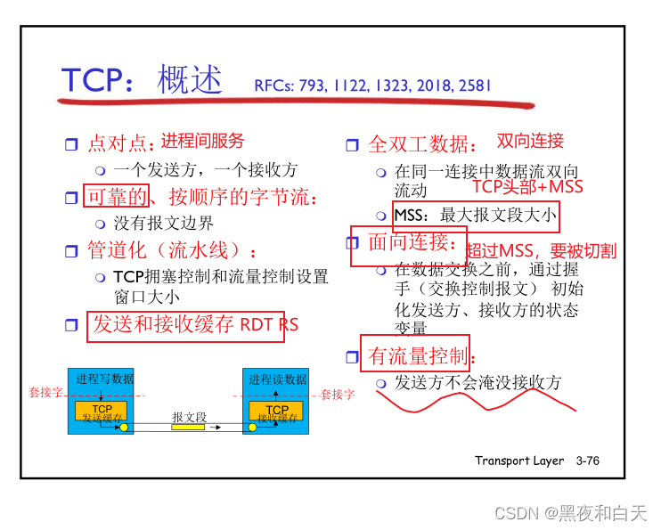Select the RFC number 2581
point(474,86)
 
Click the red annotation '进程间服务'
point(202,142)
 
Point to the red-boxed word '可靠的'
point(116,197)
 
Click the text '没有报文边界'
point(164,223)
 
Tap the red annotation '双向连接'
point(530,141)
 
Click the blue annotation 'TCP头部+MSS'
point(527,186)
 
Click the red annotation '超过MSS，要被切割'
point(542,250)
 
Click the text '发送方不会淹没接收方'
point(478,383)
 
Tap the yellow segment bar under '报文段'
point(188,428)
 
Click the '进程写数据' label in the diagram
point(105,379)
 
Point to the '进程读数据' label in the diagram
point(277,379)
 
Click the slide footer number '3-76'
point(588,461)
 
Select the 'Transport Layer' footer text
point(519,461)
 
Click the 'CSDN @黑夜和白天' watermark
point(570,514)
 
